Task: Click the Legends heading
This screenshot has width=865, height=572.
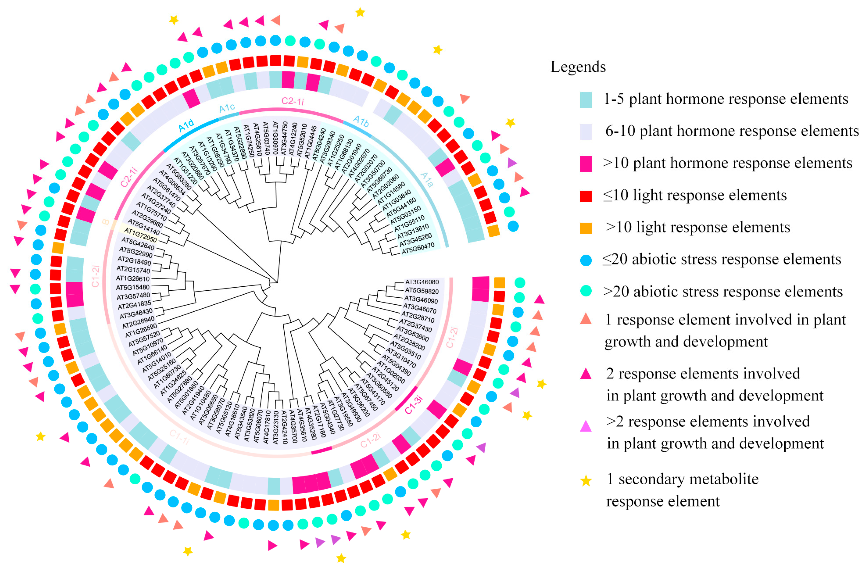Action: coord(578,67)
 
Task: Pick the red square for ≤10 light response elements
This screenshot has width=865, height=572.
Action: coord(586,196)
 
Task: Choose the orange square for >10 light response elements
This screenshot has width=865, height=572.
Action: coord(586,228)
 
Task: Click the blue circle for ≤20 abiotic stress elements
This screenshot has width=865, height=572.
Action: coord(586,260)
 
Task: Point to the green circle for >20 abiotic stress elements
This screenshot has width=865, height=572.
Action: coord(586,291)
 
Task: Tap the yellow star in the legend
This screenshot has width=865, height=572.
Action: coord(586,481)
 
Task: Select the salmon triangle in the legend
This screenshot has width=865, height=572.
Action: coord(586,319)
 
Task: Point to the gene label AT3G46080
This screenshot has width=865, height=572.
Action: coord(422,282)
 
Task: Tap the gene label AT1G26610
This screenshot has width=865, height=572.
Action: coord(133,278)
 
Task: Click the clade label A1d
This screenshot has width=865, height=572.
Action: coord(186,126)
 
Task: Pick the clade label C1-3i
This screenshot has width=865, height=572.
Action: coord(413,405)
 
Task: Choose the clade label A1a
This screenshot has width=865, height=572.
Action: coord(427,180)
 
